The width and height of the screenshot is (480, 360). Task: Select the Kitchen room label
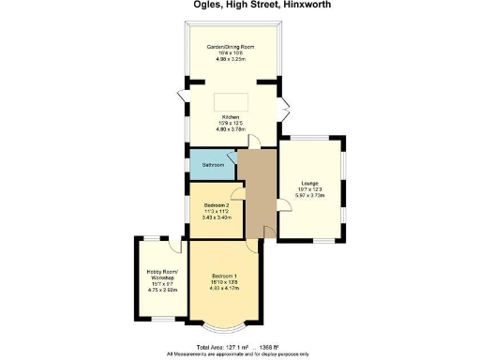[x=231, y=117]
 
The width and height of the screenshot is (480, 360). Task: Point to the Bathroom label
[x=213, y=165]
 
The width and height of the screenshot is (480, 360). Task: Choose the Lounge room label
[x=310, y=183]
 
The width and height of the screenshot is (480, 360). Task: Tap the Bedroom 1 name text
[x=222, y=275]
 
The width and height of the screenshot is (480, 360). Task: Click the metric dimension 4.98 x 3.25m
[x=231, y=59]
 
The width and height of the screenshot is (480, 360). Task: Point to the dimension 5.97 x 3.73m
[x=310, y=196]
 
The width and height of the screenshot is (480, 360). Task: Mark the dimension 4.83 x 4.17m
[x=222, y=287]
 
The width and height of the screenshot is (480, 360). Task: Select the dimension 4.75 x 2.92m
[x=160, y=291]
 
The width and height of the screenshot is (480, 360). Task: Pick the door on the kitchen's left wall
[x=182, y=97]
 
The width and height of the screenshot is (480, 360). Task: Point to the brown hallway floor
[x=256, y=192]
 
